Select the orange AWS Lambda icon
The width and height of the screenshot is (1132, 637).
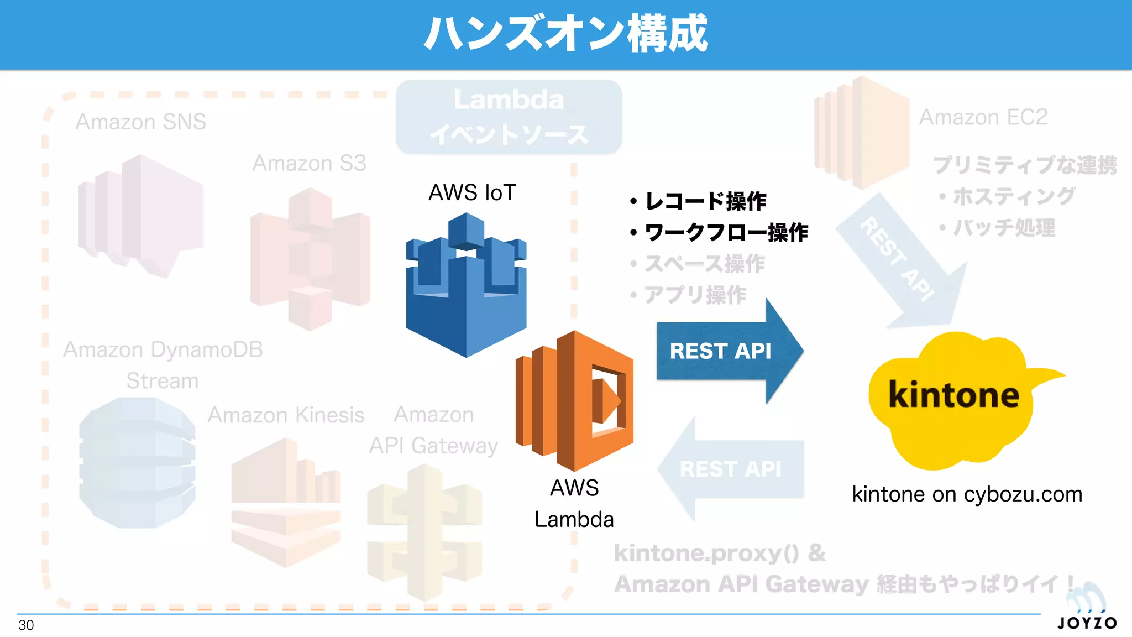pyautogui.click(x=575, y=401)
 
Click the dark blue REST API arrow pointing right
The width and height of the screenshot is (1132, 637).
pyautogui.click(x=724, y=351)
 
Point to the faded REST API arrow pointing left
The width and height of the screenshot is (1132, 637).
pyautogui.click(x=730, y=469)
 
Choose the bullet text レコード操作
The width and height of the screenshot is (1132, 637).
pyautogui.click(x=705, y=201)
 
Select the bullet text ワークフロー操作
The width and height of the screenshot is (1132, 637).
pyautogui.click(x=726, y=232)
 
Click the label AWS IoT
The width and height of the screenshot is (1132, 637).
pyautogui.click(x=472, y=192)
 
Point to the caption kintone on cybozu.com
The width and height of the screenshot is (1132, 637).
pyautogui.click(x=967, y=494)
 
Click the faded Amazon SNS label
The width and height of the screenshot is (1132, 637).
pyautogui.click(x=140, y=122)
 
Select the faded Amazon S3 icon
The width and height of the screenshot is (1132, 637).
pyautogui.click(x=310, y=259)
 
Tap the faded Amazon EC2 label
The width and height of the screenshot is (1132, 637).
pyautogui.click(x=983, y=117)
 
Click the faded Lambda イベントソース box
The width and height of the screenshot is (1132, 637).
pyautogui.click(x=509, y=117)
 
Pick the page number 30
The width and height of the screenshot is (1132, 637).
pyautogui.click(x=26, y=625)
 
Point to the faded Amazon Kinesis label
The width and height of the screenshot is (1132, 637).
pyautogui.click(x=286, y=415)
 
